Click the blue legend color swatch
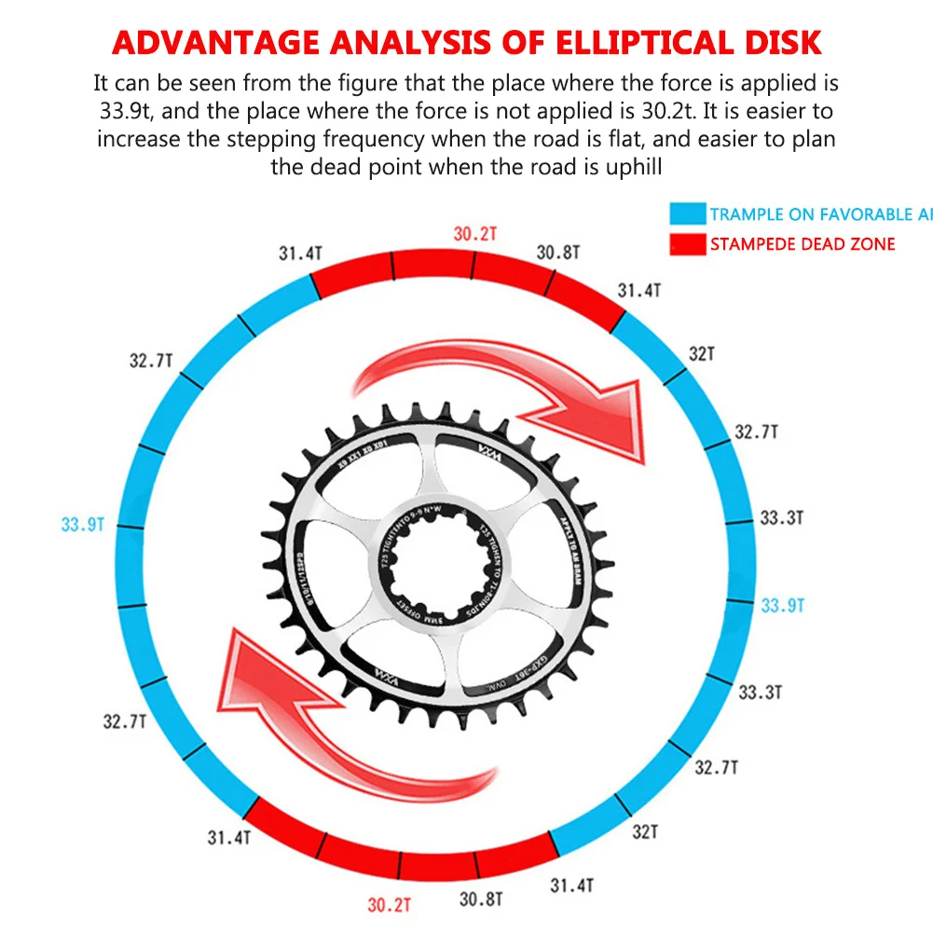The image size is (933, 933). coord(687,214)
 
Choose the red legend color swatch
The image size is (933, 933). coord(687,244)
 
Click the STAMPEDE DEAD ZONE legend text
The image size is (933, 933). coord(802,244)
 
